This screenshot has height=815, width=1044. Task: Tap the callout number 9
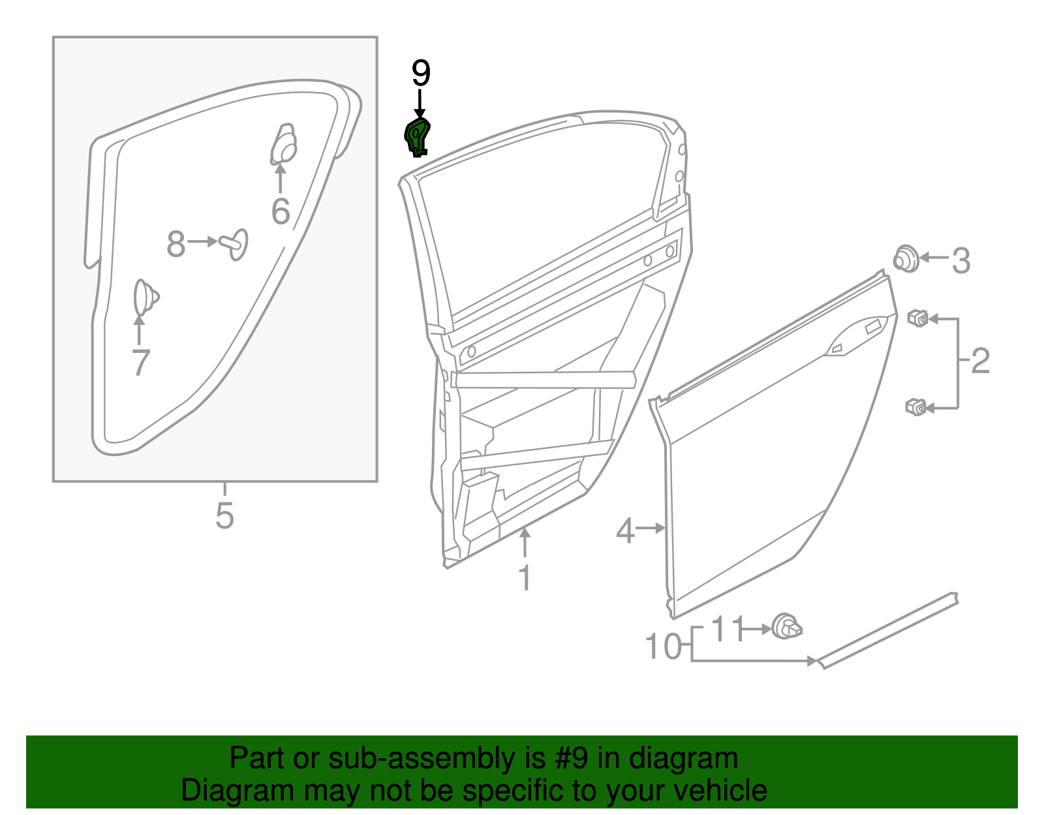tap(421, 73)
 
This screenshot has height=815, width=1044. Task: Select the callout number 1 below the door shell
tap(525, 577)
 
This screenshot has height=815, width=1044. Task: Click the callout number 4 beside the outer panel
tap(625, 531)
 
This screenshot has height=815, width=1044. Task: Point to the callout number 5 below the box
tap(224, 515)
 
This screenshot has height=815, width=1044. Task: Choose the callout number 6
tap(281, 211)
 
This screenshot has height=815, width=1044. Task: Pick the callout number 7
tap(140, 362)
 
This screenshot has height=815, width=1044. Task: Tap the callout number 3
tap(961, 260)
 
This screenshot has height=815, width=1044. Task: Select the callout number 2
tap(980, 361)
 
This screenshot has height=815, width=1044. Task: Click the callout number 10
tap(663, 646)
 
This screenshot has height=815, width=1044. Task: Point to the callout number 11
tap(727, 629)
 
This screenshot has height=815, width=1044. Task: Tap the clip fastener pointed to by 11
tap(786, 627)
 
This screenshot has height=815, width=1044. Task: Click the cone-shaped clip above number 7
tap(144, 298)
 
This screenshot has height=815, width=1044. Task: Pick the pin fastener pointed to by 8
tap(236, 243)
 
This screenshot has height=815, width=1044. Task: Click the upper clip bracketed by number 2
tap(917, 318)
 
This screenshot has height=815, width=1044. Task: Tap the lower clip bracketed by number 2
tap(916, 407)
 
